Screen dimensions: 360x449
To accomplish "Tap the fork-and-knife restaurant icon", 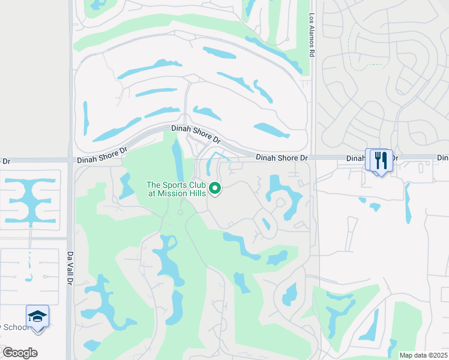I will tap(381, 161).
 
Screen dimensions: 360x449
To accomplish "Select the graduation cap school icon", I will tap(37, 317).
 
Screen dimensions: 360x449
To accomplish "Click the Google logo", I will tap(20, 353).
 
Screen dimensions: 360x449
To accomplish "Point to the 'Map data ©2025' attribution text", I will tap(423, 355).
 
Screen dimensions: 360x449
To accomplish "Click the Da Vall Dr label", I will tap(70, 268).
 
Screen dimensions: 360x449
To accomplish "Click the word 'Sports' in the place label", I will tap(178, 185).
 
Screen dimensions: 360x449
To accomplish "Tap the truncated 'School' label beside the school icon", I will tap(13, 327).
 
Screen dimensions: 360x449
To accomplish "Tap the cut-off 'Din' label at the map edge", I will tap(443, 158).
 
